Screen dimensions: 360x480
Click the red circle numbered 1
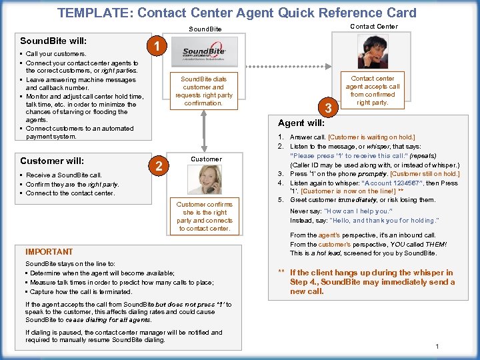click(155, 47)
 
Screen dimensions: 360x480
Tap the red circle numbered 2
click(159, 166)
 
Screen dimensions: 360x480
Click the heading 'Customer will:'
click(52, 161)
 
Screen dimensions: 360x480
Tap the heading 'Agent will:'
click(301, 123)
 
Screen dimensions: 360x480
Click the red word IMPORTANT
click(49, 252)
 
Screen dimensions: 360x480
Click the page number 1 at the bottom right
click(437, 346)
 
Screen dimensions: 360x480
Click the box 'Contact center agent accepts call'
click(373, 91)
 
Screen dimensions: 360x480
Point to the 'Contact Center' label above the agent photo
click(374, 27)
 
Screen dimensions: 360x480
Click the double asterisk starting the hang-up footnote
click(281, 273)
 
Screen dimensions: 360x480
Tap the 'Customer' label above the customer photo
click(206, 159)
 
